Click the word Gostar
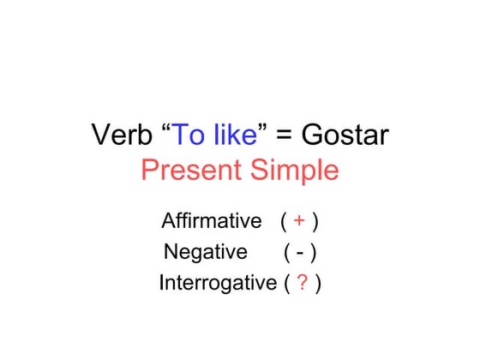(x=345, y=135)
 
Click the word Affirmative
(x=211, y=221)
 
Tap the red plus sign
(x=299, y=222)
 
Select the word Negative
(x=205, y=252)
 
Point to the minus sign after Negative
(x=301, y=253)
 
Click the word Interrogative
(x=218, y=284)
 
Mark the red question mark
(x=303, y=284)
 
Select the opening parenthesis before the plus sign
(x=283, y=222)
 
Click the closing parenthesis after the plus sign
(x=315, y=222)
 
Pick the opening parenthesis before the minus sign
(x=286, y=253)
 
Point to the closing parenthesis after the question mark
(x=318, y=284)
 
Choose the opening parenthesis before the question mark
(x=286, y=284)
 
